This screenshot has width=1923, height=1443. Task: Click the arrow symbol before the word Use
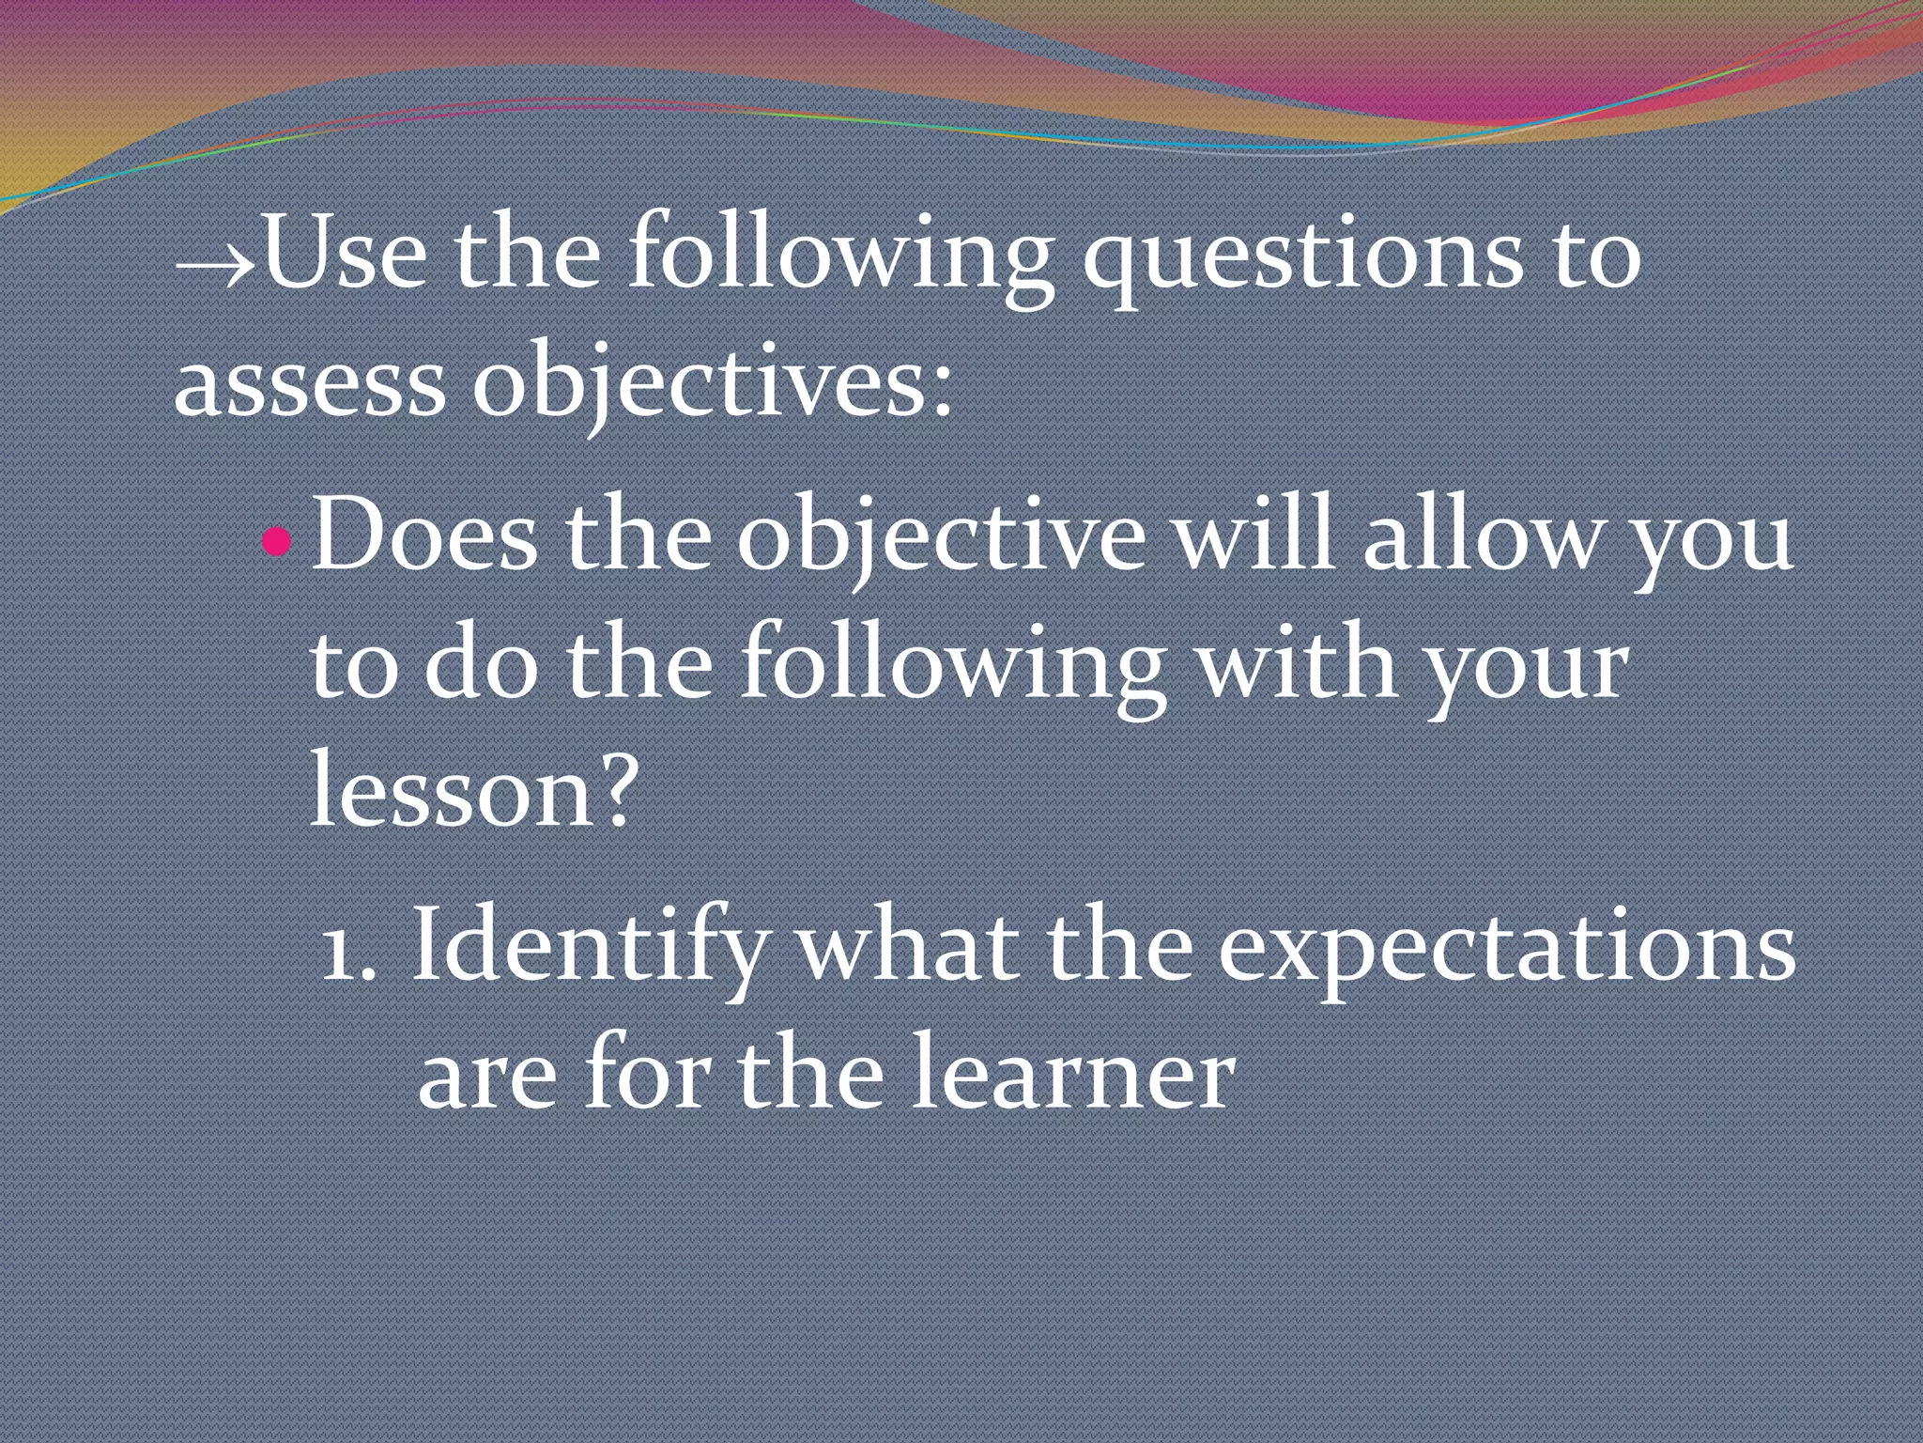pyautogui.click(x=214, y=266)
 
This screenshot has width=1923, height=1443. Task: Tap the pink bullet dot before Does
pyautogui.click(x=276, y=541)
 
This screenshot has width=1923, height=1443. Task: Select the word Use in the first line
pyautogui.click(x=345, y=255)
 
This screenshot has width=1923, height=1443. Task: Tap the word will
pyautogui.click(x=1254, y=535)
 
